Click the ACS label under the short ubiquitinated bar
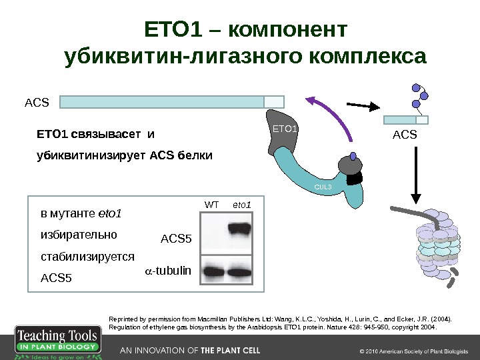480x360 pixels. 404,135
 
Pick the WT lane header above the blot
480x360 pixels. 211,203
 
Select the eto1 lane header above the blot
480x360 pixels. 241,203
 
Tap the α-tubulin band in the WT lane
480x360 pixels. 213,271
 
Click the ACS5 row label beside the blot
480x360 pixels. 176,238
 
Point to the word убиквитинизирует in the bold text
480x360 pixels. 91,155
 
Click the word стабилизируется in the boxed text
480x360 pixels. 87,256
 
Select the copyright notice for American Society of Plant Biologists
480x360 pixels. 414,351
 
